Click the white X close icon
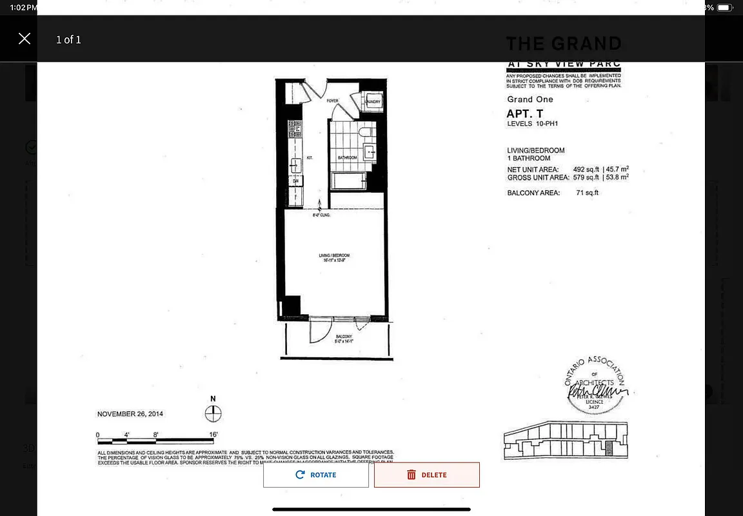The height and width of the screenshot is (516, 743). [x=25, y=39]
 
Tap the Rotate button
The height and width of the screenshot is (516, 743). [x=316, y=475]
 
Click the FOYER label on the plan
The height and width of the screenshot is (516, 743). [x=332, y=101]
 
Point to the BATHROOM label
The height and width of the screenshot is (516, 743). [x=348, y=157]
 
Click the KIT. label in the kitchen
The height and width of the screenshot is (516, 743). [x=310, y=157]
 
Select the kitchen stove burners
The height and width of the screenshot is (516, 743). [x=293, y=129]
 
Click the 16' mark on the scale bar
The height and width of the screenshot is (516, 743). [x=213, y=434]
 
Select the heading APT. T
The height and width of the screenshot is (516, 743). [x=524, y=114]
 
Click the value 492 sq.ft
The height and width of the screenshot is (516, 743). [x=586, y=170]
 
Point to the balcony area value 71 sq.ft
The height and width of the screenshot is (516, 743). [x=587, y=192]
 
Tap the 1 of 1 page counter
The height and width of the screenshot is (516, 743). [x=68, y=39]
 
